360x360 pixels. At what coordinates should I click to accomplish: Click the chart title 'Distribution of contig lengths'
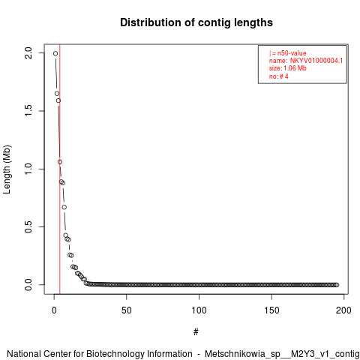pos(196,22)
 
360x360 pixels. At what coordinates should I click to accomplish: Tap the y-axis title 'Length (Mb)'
pos(7,169)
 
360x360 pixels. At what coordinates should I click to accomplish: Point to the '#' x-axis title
pos(196,332)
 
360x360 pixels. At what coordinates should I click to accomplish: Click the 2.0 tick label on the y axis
pos(28,53)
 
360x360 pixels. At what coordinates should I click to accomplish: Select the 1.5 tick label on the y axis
pos(28,111)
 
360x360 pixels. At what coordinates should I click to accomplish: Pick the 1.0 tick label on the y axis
pos(28,169)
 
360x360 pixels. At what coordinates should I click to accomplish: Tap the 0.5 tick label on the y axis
pos(28,226)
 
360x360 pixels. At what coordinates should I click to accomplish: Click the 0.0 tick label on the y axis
pos(28,285)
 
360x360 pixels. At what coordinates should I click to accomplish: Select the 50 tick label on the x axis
pos(127,310)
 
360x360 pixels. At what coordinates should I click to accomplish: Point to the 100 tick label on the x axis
pos(199,310)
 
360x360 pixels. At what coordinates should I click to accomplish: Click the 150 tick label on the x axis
pos(271,310)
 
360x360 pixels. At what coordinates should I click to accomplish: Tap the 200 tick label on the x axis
pos(343,310)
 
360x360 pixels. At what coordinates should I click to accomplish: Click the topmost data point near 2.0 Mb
pos(55,53)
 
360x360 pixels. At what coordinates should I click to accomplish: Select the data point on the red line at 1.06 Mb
pos(60,162)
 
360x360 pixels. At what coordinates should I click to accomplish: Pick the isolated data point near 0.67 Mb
pos(64,207)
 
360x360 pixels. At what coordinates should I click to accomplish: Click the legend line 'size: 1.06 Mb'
pos(287,68)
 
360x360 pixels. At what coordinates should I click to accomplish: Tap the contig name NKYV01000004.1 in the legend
pos(316,61)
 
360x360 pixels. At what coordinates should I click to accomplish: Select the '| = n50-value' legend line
pos(287,53)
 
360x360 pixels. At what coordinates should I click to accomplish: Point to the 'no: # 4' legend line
pos(278,76)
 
